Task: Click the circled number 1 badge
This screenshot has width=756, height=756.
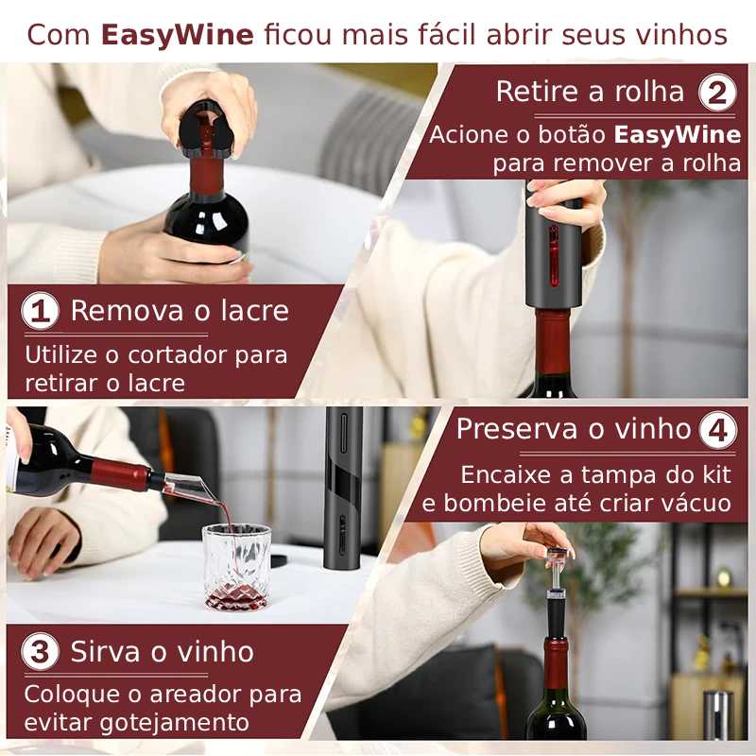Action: [40, 312]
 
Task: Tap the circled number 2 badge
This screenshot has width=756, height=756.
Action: [717, 93]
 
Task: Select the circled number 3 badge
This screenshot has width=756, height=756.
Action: [40, 653]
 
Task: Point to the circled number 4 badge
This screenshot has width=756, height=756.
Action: [717, 431]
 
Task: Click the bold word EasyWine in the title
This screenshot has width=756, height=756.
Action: [178, 34]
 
